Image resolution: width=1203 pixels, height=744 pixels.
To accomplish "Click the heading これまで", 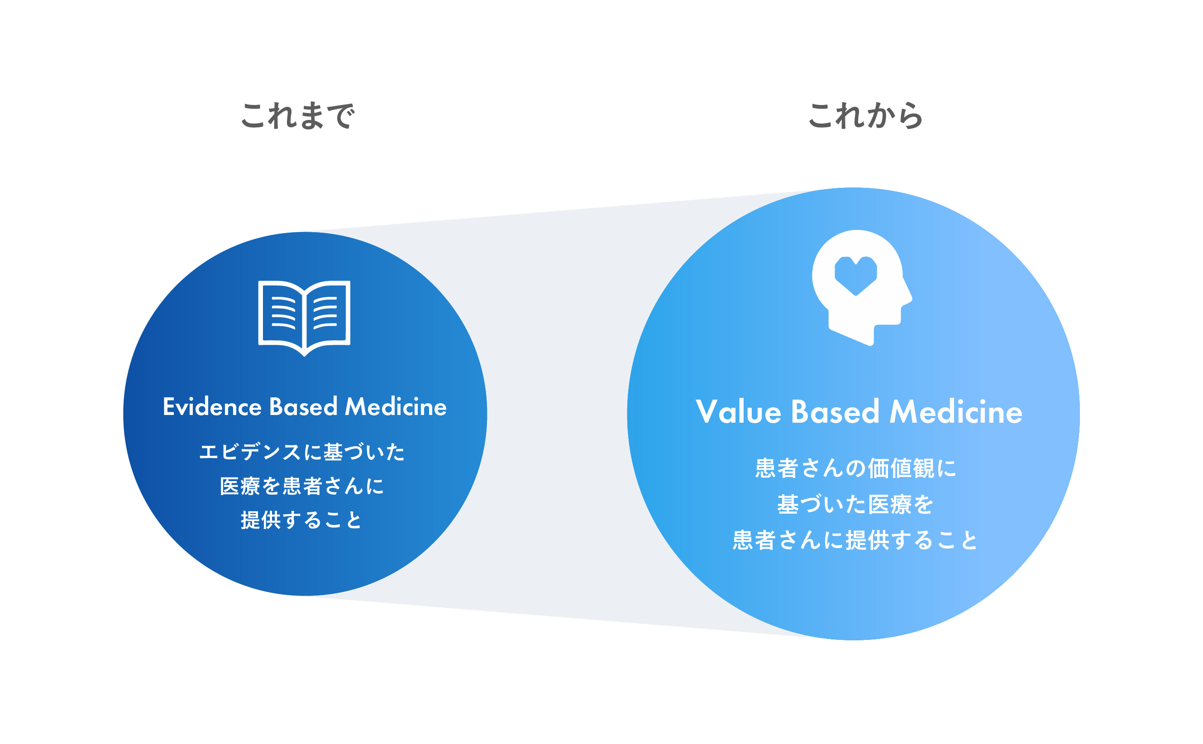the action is [x=297, y=116].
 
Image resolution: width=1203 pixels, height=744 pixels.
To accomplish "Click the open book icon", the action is [x=304, y=318].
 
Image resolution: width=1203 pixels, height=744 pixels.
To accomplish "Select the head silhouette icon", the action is [x=862, y=288].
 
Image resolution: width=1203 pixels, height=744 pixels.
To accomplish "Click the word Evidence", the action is [x=212, y=407].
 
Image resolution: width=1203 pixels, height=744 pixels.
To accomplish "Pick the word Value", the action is [x=738, y=412].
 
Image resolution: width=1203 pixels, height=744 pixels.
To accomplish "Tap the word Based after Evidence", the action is [x=303, y=407].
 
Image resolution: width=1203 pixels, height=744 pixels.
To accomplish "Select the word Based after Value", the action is [x=835, y=412].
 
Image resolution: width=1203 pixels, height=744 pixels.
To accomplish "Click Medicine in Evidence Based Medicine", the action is [x=396, y=407].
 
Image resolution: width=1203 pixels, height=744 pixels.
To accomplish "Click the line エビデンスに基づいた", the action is [x=301, y=452].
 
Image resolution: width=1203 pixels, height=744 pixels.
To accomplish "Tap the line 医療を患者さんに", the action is [x=301, y=486].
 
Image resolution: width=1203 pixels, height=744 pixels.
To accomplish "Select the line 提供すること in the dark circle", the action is [x=301, y=520].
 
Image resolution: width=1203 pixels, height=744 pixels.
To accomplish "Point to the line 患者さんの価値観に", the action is [x=855, y=468].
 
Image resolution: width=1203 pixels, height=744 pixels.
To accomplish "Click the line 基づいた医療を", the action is [x=855, y=504].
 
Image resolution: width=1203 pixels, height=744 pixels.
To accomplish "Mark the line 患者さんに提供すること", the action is [x=855, y=540].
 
